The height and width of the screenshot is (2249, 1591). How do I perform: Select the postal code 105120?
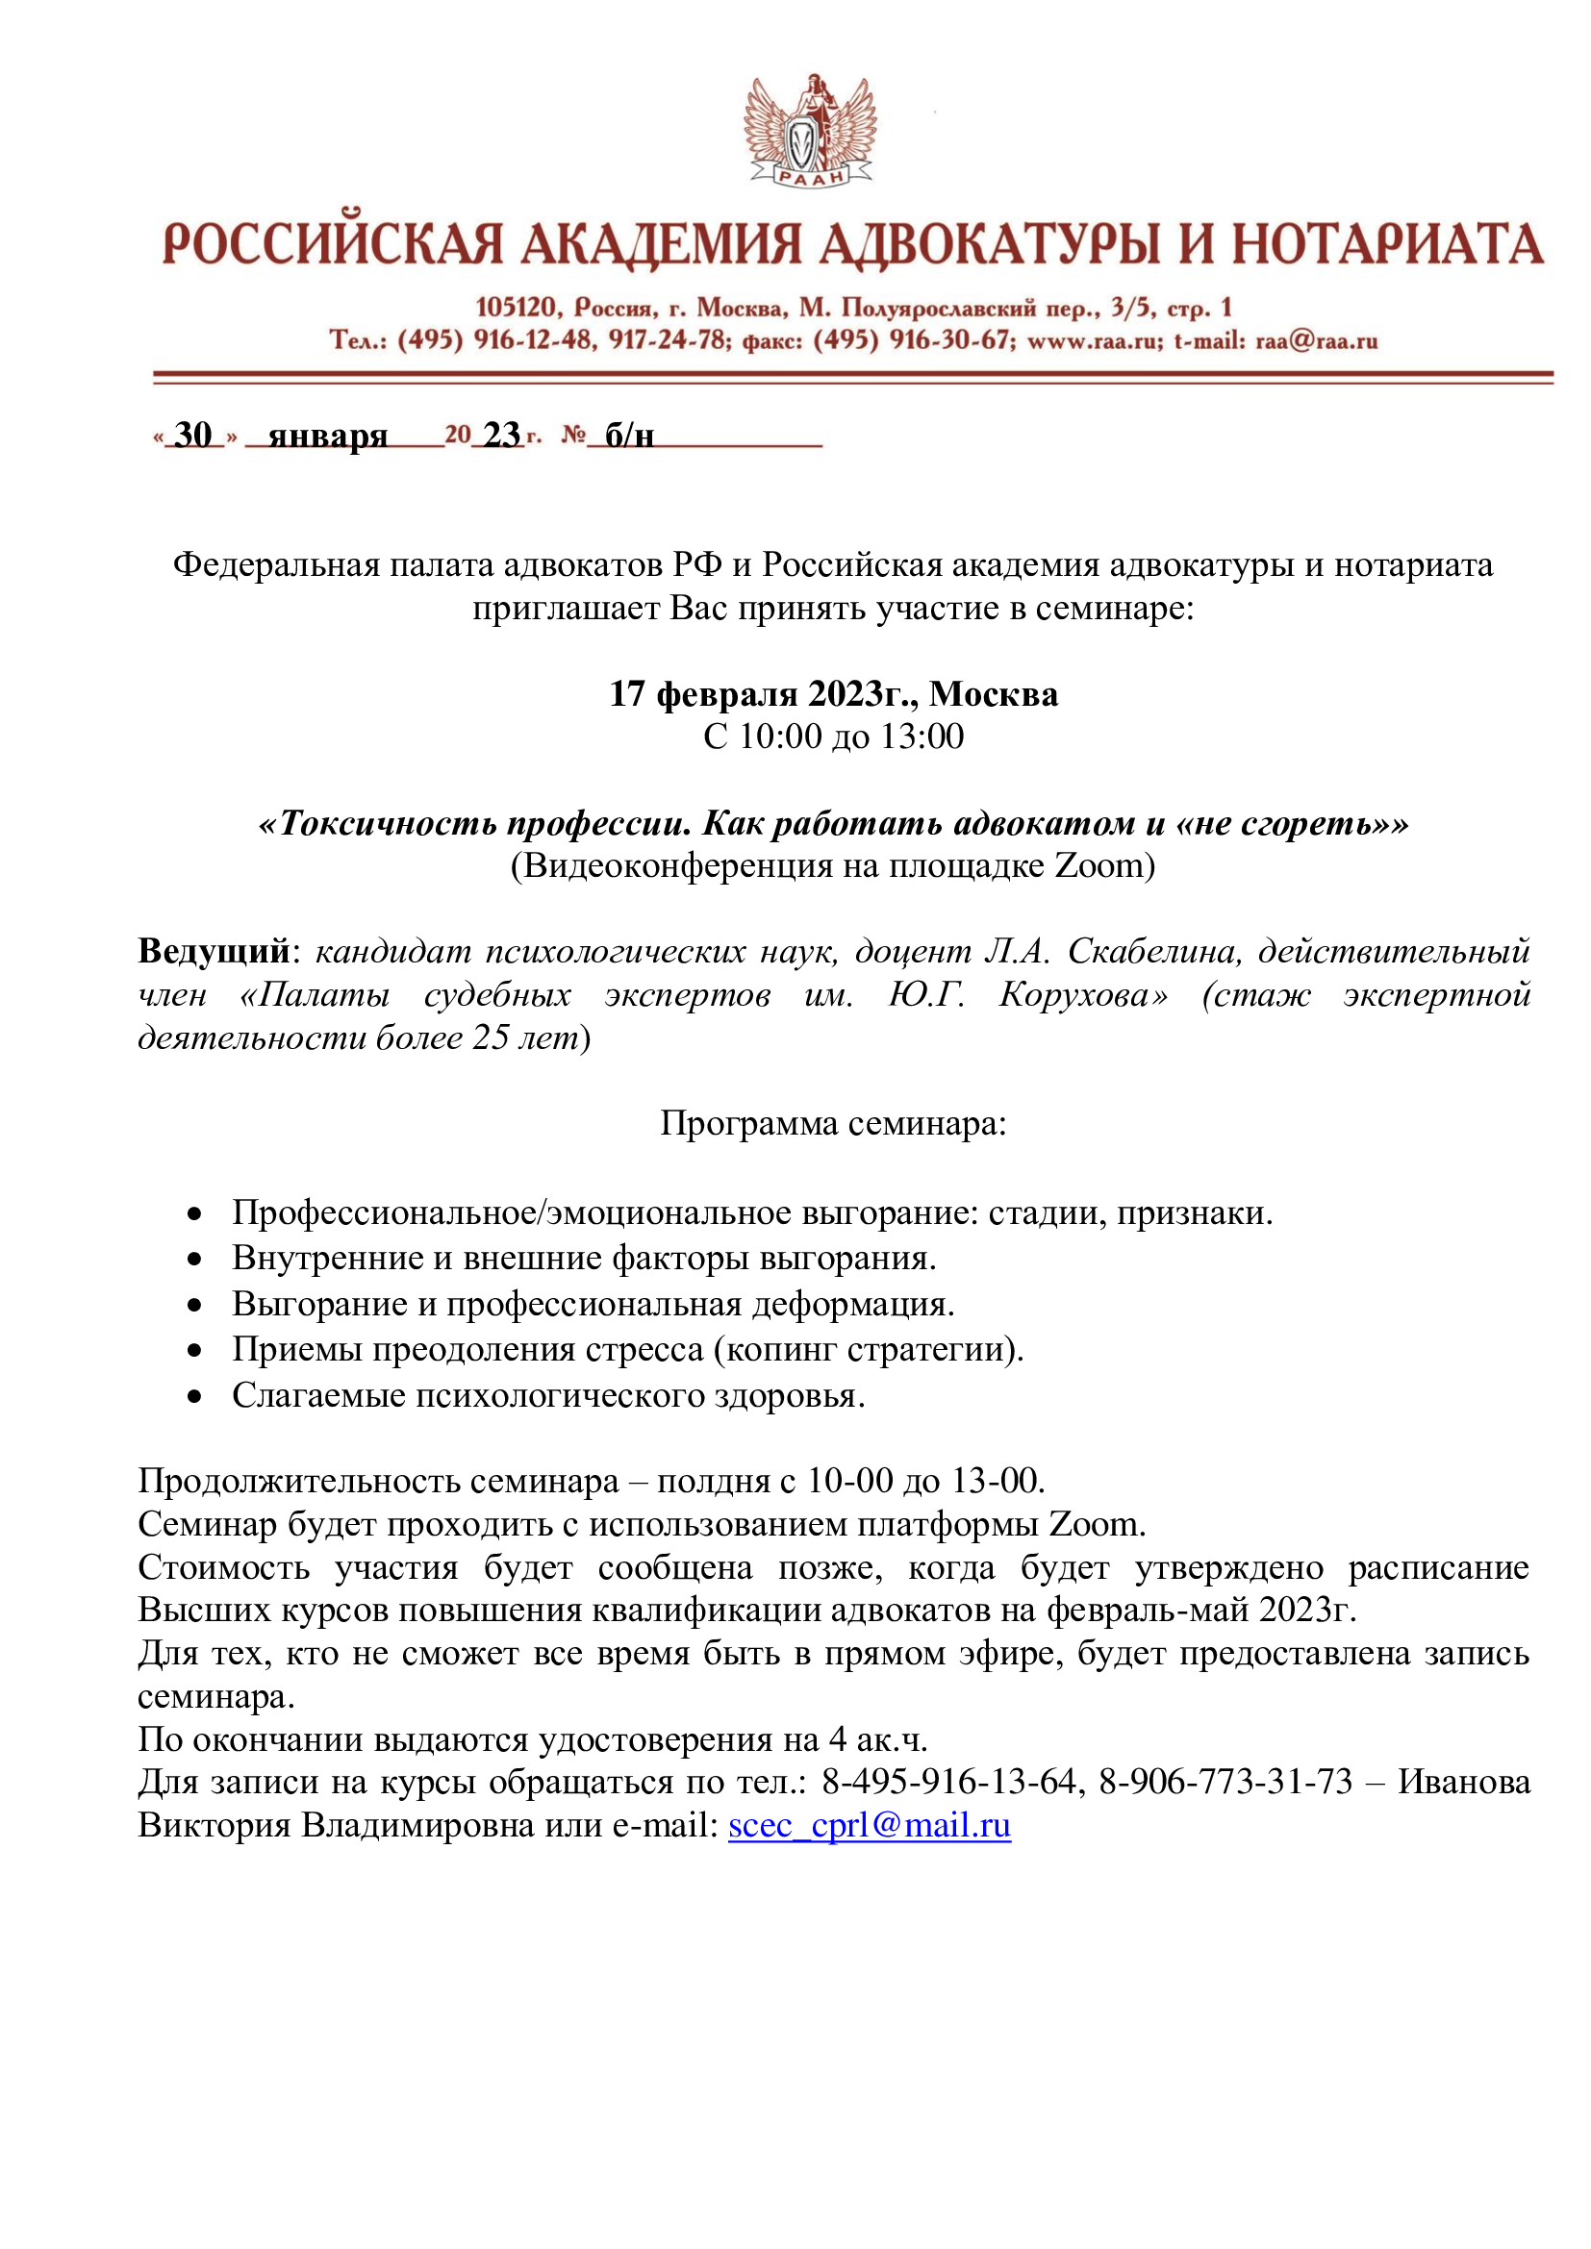coord(517,308)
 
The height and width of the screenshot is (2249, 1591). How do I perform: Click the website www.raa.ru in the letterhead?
coord(1093,341)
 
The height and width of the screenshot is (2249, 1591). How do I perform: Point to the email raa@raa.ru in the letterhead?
coord(1317,341)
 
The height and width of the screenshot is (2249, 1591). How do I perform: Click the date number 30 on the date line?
coord(193,434)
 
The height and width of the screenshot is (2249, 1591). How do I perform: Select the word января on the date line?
coord(327,434)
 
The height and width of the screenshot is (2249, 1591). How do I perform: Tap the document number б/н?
coord(629,434)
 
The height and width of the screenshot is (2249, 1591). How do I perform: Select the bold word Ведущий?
coord(215,950)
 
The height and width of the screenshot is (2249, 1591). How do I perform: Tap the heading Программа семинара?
coord(833,1122)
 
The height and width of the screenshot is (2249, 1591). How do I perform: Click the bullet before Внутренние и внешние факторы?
coord(195,1259)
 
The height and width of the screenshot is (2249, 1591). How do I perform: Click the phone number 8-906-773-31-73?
coord(1225,1781)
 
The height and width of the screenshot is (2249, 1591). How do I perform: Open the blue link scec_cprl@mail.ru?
coord(869,1825)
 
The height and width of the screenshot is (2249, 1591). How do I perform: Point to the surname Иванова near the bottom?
coord(1464,1781)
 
